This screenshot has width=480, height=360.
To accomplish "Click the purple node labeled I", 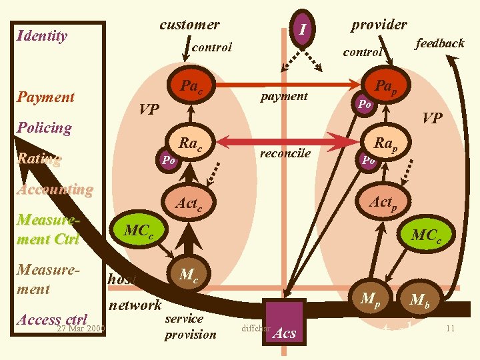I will pyautogui.click(x=302, y=30).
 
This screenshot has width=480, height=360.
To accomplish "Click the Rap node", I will pyautogui.click(x=385, y=143).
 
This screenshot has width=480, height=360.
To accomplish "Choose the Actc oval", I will pyautogui.click(x=190, y=204).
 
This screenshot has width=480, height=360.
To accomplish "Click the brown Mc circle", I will pyautogui.click(x=189, y=274).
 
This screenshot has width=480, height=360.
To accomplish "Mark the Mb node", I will pyautogui.click(x=419, y=300).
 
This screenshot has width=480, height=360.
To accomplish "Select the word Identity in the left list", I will pyautogui.click(x=42, y=36).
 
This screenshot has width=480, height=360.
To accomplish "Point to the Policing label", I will pyautogui.click(x=44, y=127).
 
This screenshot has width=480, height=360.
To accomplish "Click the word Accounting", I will pyautogui.click(x=55, y=189).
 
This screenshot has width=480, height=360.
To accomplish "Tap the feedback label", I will pyautogui.click(x=439, y=43).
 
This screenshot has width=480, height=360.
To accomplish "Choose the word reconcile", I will pyautogui.click(x=285, y=153).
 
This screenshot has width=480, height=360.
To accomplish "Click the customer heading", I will pyautogui.click(x=189, y=25).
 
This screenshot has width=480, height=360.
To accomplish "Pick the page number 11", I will pyautogui.click(x=450, y=329).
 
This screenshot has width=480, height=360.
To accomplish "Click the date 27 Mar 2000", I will pyautogui.click(x=81, y=329).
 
